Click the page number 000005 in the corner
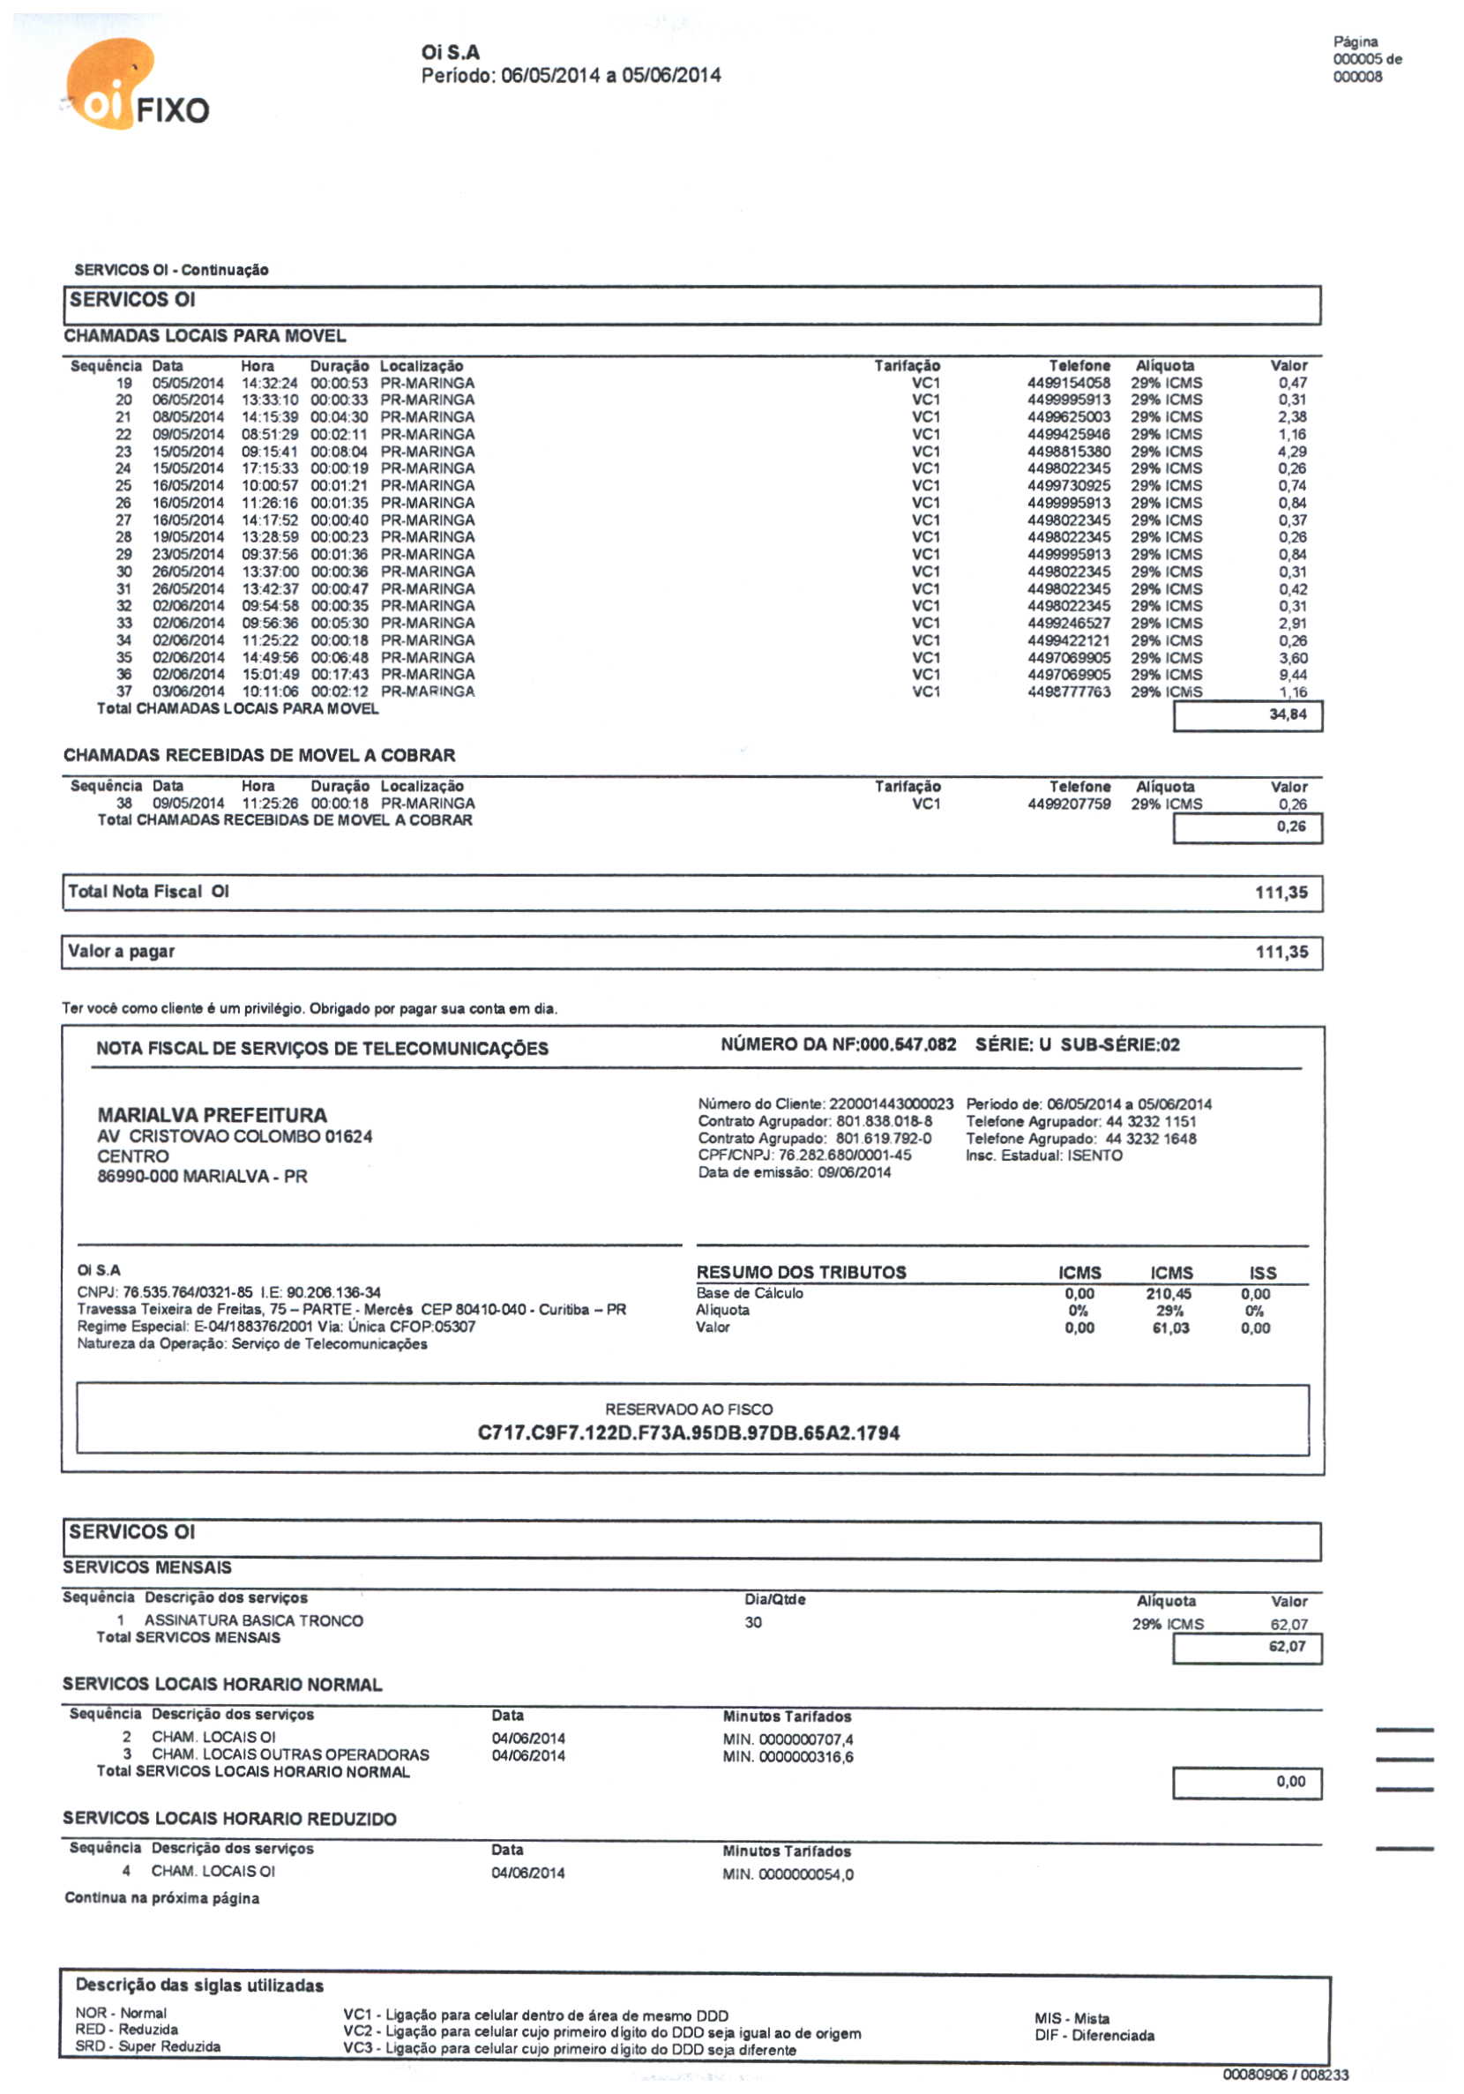1356,59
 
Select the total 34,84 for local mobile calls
1287,714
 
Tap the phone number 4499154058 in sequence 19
1068,383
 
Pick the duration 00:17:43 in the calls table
340,674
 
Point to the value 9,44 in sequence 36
1292,675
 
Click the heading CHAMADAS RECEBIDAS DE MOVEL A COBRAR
259,755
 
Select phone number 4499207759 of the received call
1068,804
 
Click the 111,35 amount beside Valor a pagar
1281,952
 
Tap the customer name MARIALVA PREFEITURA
212,1115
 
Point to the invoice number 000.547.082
908,1044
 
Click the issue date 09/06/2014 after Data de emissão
854,1172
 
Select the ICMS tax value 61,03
1170,1327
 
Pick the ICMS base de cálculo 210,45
1169,1293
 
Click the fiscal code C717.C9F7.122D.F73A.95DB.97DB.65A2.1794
689,1432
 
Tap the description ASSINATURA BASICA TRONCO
254,1620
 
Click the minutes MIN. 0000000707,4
788,1739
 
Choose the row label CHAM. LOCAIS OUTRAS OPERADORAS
290,1754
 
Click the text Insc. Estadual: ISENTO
1043,1155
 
